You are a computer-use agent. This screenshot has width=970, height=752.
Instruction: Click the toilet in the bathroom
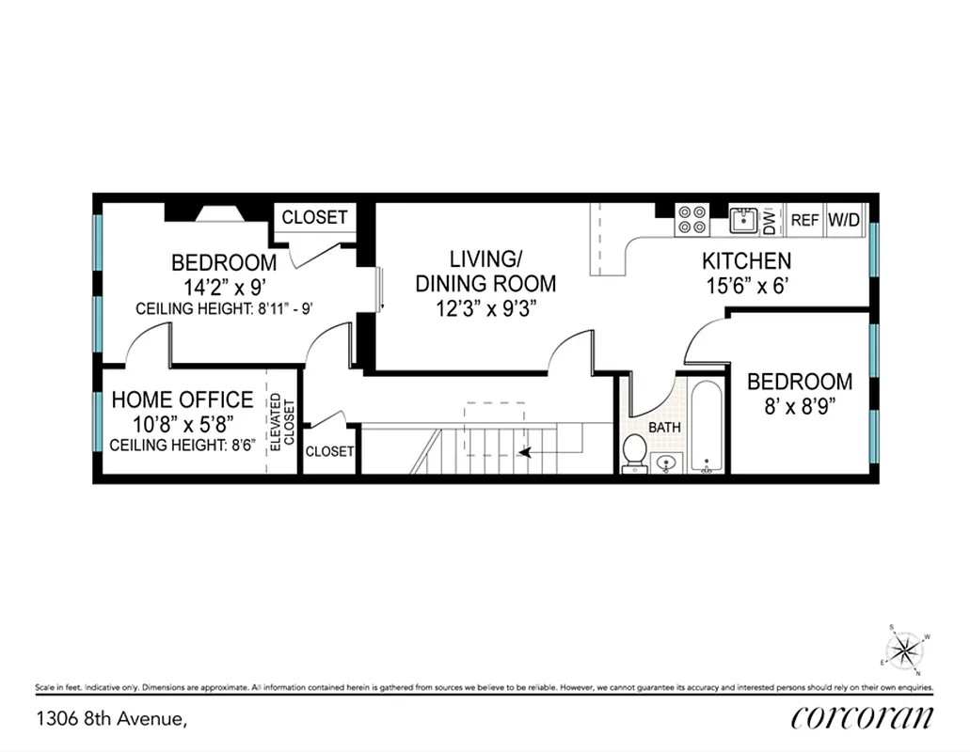[635, 451]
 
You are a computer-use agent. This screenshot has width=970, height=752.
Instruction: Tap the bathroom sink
[666, 462]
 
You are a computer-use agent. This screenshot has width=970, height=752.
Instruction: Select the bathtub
[706, 427]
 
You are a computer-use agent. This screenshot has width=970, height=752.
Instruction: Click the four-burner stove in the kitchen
[692, 220]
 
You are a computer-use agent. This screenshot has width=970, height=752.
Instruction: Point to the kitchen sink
[743, 220]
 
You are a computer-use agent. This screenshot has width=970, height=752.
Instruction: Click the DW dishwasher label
[769, 221]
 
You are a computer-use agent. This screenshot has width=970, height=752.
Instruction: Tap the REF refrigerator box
[804, 221]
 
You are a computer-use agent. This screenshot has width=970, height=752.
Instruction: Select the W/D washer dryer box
[844, 221]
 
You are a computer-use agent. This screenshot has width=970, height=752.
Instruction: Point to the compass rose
[905, 649]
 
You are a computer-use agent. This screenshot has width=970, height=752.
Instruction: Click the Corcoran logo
[862, 718]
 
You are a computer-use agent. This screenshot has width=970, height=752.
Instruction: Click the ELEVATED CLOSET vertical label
[282, 422]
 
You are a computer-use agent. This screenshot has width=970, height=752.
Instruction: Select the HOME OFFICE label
[182, 400]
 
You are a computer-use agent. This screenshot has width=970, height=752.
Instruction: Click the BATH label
[664, 428]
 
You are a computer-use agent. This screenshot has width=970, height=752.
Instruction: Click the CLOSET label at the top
[314, 217]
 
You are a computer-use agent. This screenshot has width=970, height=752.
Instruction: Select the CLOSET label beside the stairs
[329, 452]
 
